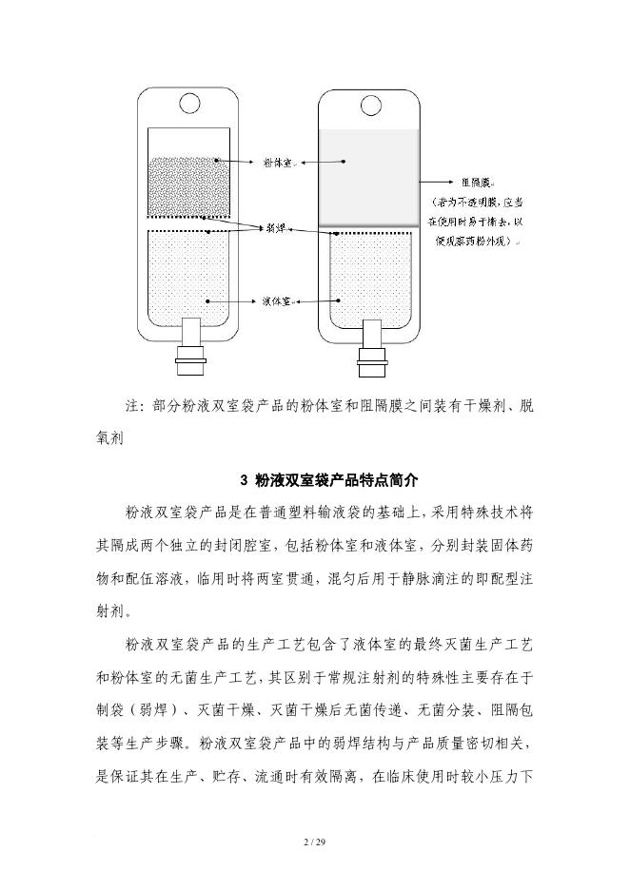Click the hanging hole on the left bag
(x=189, y=101)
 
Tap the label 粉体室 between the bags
(x=280, y=163)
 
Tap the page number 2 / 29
(x=314, y=842)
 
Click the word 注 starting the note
(x=132, y=406)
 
